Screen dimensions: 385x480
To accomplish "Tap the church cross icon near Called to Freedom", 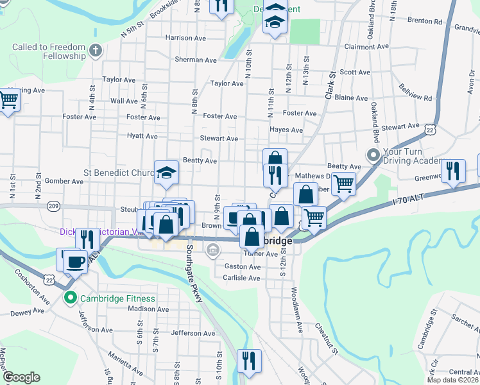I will pyautogui.click(x=96, y=49).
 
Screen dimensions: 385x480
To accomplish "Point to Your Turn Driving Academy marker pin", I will pyautogui.click(x=373, y=155).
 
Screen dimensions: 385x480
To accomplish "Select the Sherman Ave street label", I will pyautogui.click(x=196, y=60).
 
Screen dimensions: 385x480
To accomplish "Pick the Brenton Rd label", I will pyautogui.click(x=425, y=21).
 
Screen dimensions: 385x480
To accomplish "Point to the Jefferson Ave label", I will pyautogui.click(x=188, y=333).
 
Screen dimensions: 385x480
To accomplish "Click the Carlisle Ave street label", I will pyautogui.click(x=241, y=278).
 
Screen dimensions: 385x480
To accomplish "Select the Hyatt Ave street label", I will pyautogui.click(x=142, y=136).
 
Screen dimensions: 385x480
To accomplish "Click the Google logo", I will pyautogui.click(x=21, y=377).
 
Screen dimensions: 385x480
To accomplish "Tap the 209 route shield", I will pyautogui.click(x=54, y=206).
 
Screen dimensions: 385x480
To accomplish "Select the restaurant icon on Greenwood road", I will pyautogui.click(x=454, y=170).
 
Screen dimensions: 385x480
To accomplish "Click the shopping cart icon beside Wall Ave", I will pyautogui.click(x=8, y=100).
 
